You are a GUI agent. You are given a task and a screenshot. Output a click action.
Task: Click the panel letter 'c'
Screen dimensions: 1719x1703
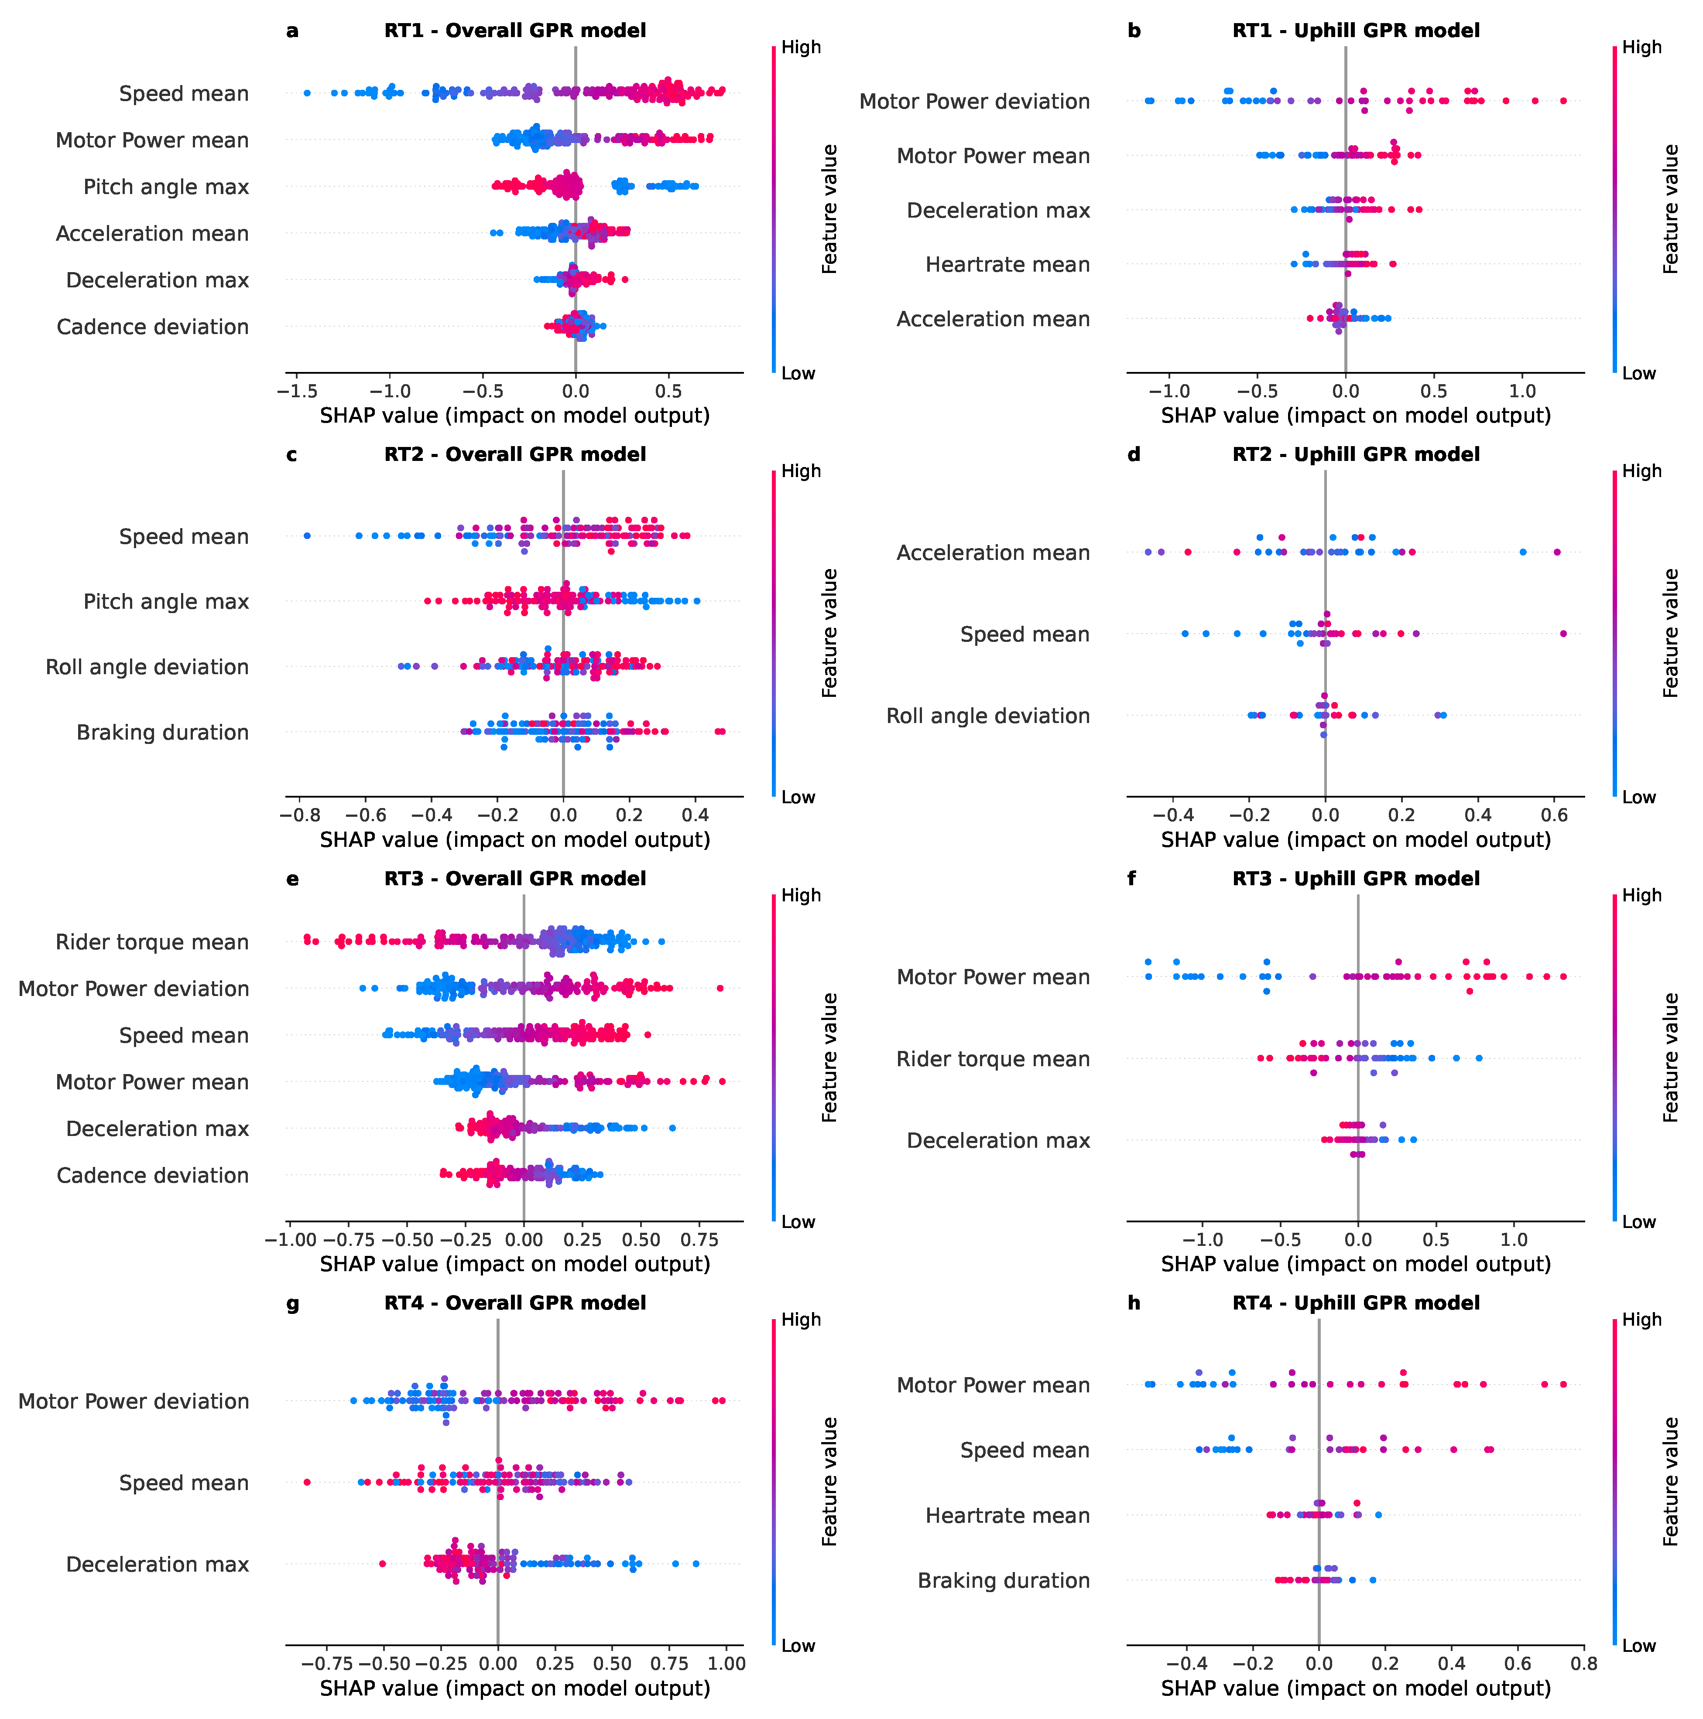pyautogui.click(x=292, y=455)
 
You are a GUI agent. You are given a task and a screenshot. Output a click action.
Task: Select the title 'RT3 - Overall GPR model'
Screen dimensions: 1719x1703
pyautogui.click(x=514, y=879)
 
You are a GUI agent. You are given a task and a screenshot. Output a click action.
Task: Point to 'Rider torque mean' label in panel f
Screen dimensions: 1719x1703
pyautogui.click(x=993, y=1059)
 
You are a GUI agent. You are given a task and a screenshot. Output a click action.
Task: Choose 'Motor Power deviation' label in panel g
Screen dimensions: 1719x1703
pyautogui.click(x=134, y=1402)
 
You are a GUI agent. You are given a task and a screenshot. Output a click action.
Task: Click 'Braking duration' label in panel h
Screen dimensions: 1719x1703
pyautogui.click(x=1003, y=1580)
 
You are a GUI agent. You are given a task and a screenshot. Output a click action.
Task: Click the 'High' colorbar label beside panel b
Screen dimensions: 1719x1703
pyautogui.click(x=1641, y=47)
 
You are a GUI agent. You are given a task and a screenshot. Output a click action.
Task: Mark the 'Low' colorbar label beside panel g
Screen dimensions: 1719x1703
pyautogui.click(x=798, y=1646)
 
